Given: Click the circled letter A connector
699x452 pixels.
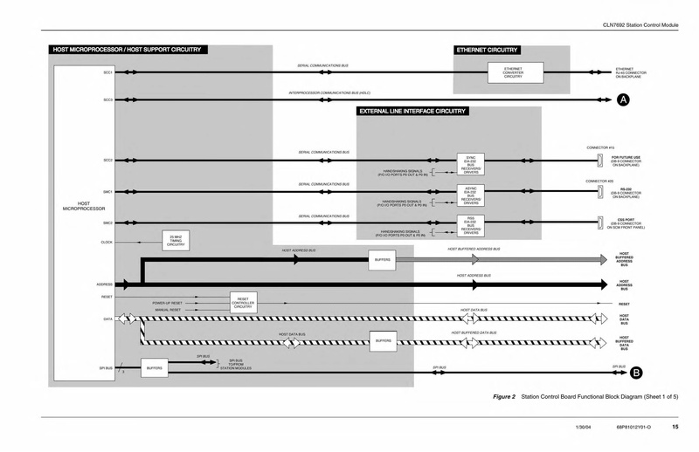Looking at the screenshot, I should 624,100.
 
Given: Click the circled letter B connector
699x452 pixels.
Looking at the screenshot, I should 637,373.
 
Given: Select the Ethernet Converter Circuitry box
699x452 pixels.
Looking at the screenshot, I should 513,72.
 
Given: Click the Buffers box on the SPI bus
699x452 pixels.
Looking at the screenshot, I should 155,369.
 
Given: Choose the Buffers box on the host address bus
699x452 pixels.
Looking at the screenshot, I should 383,260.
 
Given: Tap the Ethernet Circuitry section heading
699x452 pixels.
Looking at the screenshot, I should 486,51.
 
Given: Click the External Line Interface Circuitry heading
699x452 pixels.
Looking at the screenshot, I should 412,112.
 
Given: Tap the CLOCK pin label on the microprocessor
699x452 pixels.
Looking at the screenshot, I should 107,242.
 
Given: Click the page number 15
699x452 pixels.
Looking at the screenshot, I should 675,428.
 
